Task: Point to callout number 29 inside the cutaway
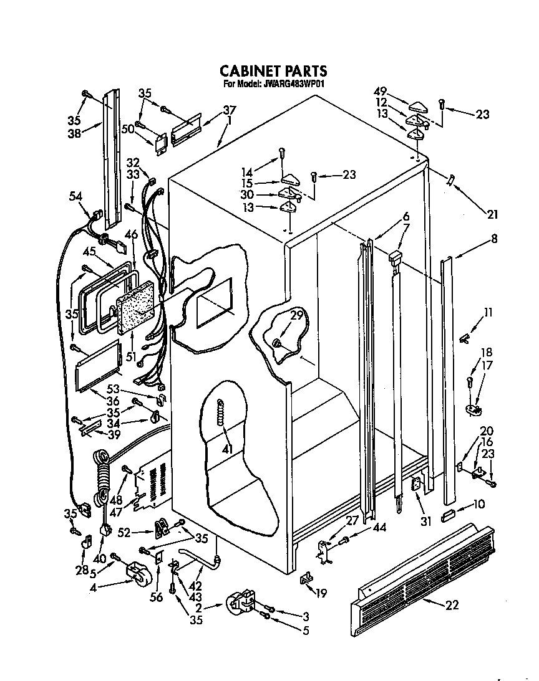[x=297, y=316]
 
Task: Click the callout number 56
[x=156, y=597]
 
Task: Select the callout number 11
[x=488, y=313]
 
